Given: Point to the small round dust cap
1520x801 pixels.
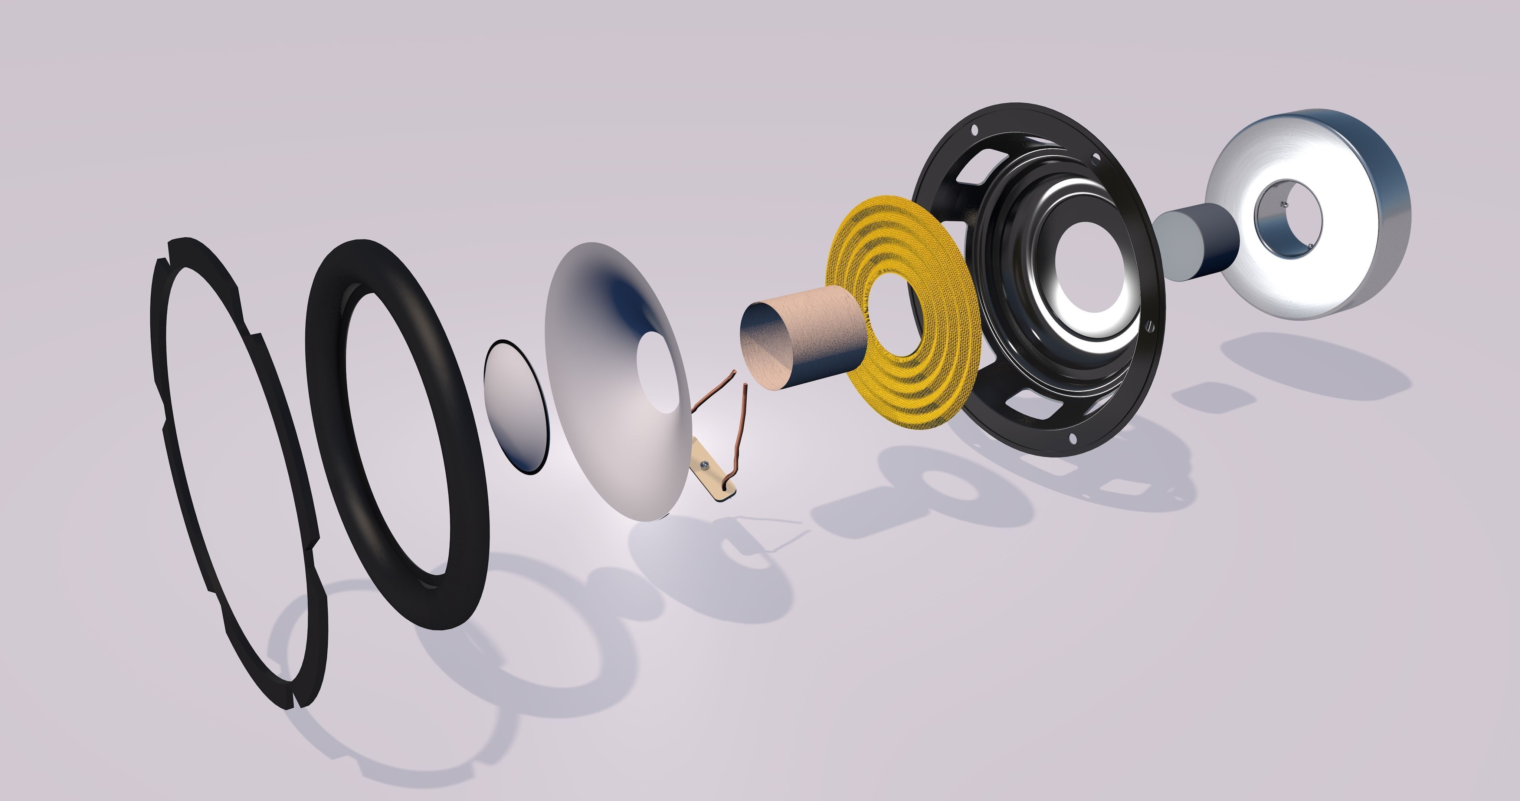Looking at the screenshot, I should tap(516, 407).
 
